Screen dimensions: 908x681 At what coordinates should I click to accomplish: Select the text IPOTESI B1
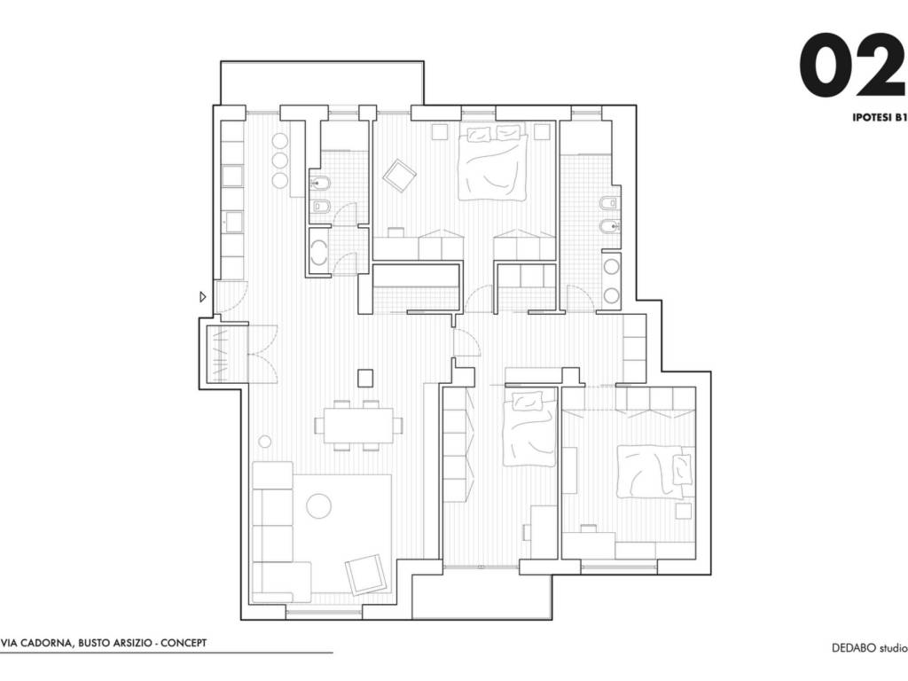879,117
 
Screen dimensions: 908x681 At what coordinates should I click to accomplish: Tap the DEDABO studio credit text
870,648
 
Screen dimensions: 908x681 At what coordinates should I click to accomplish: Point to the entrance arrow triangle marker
203,297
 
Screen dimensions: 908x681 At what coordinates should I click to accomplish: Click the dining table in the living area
358,426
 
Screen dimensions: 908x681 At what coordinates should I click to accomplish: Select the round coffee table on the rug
318,506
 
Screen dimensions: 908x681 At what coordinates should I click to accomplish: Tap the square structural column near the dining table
365,378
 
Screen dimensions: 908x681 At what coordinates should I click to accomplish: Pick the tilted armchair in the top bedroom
399,176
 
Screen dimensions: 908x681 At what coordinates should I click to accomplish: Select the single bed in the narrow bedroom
529,428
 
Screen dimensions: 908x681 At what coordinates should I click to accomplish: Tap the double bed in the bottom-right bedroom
656,472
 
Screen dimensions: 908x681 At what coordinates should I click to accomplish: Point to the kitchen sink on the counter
234,222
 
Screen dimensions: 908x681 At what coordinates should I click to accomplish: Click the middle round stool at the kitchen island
279,160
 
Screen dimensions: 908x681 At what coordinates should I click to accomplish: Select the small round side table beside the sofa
264,442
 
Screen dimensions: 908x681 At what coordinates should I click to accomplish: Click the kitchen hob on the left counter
232,176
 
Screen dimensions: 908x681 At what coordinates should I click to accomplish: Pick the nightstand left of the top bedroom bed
440,131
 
